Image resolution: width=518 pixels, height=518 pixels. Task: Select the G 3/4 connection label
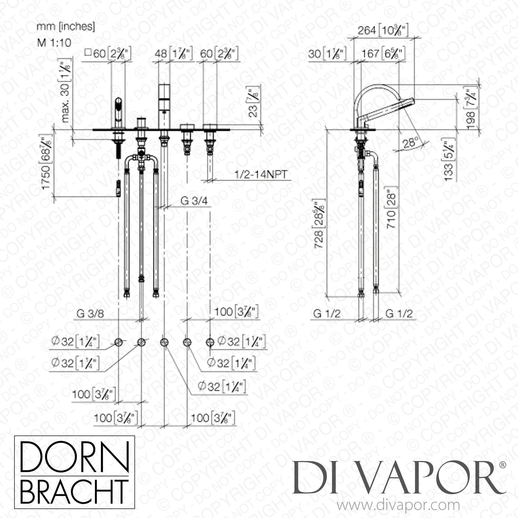[x=194, y=201]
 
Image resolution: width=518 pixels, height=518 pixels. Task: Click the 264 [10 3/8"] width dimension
[x=383, y=31]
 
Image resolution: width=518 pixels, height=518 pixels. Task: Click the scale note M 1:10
[x=54, y=42]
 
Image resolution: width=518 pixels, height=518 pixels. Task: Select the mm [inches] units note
[x=66, y=27]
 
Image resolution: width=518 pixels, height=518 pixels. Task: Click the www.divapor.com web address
[x=398, y=506]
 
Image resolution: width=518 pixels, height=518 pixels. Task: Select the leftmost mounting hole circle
[x=118, y=342]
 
